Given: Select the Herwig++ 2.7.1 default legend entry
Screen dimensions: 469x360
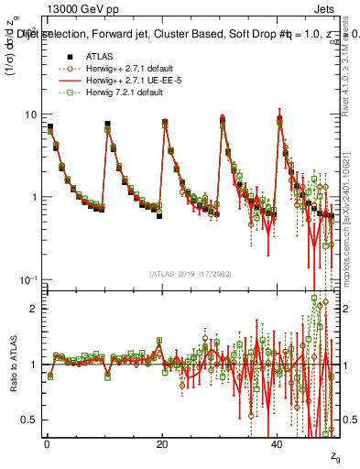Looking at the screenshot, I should pyautogui.click(x=128, y=68).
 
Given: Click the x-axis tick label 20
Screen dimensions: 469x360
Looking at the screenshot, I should pyautogui.click(x=162, y=444).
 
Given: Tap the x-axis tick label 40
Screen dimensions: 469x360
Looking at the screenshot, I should pyautogui.click(x=278, y=444).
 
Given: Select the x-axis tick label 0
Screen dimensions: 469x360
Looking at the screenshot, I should pyautogui.click(x=47, y=444).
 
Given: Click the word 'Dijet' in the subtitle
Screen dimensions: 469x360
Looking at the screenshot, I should pyautogui.click(x=28, y=35).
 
